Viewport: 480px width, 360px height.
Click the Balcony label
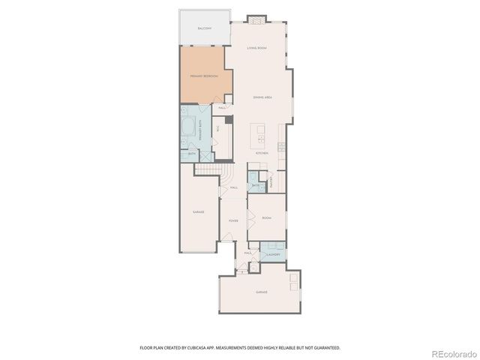(204, 28)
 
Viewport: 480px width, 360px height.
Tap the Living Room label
(257, 48)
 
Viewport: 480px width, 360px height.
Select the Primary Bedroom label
(204, 76)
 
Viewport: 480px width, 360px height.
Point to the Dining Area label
(262, 98)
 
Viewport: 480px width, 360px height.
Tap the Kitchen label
(262, 153)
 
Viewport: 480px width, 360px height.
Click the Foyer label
(233, 221)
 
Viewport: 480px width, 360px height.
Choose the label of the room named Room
(266, 217)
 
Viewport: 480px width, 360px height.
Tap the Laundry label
(273, 254)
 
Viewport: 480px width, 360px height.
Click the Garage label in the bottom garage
(262, 292)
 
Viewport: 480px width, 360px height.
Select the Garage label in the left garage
(198, 212)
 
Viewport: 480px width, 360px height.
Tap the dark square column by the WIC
(229, 118)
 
